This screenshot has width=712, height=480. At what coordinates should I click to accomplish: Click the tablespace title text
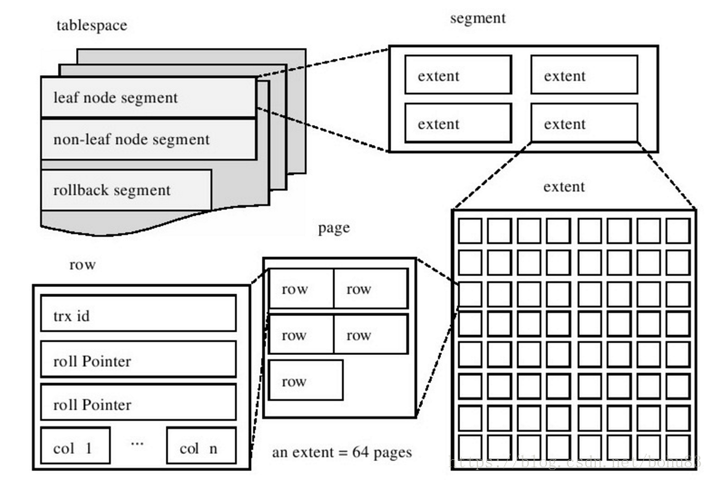(x=92, y=25)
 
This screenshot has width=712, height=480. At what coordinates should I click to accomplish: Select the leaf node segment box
(x=148, y=97)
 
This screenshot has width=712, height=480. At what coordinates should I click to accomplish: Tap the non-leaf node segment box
(x=148, y=140)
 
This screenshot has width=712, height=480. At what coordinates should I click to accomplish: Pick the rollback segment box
(x=126, y=190)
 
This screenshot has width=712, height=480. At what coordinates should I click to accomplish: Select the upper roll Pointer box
(x=138, y=360)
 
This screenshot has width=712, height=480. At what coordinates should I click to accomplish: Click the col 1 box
(x=74, y=447)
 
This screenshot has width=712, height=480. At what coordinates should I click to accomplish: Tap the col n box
(x=200, y=447)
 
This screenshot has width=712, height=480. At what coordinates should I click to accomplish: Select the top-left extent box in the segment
(x=457, y=76)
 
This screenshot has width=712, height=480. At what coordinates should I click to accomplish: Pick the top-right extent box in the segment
(x=583, y=76)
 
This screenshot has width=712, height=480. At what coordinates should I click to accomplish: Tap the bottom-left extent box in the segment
(x=457, y=122)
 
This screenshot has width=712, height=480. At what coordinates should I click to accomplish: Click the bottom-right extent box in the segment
(x=583, y=122)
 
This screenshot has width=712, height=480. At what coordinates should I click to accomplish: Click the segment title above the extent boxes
(x=477, y=19)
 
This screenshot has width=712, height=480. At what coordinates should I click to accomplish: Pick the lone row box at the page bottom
(x=306, y=381)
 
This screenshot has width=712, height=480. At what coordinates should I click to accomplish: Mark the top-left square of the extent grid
(x=469, y=230)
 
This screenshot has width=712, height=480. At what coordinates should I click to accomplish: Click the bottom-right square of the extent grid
(x=678, y=447)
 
